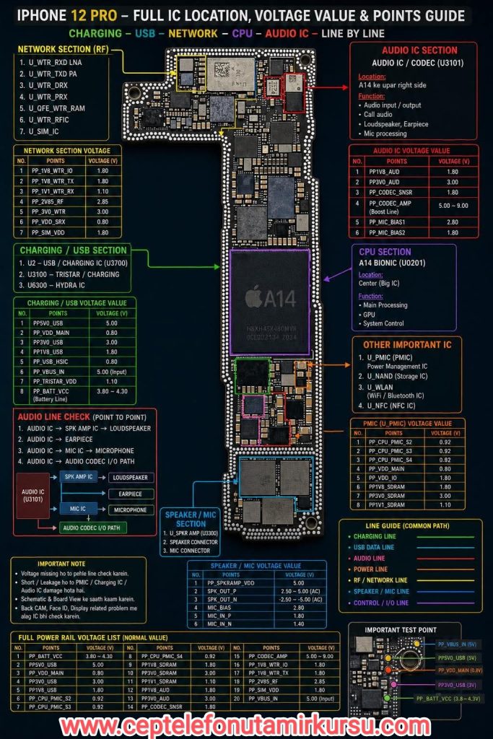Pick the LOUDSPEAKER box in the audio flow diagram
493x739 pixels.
click(130, 477)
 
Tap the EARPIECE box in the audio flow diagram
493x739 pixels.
click(130, 494)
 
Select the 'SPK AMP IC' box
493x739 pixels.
click(79, 477)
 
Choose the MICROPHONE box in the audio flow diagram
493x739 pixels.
click(130, 510)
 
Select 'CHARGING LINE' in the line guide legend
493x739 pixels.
click(375, 536)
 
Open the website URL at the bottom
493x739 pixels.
click(246, 724)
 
